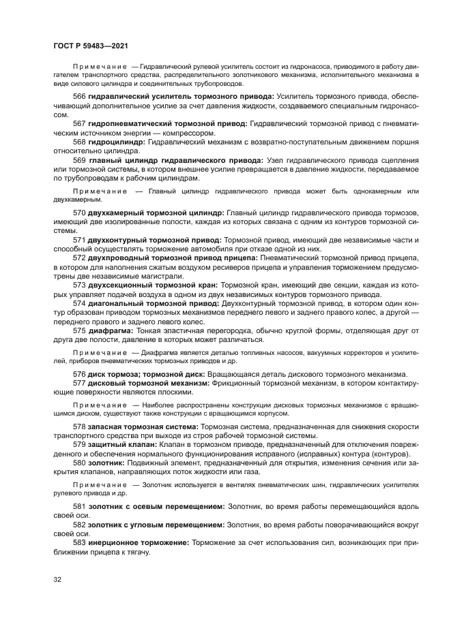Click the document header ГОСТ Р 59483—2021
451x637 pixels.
96,45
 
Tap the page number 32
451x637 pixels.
57,579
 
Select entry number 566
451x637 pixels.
80,97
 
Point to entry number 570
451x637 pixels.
80,213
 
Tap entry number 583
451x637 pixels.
80,543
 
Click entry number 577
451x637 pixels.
80,383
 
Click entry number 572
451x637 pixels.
80,258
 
